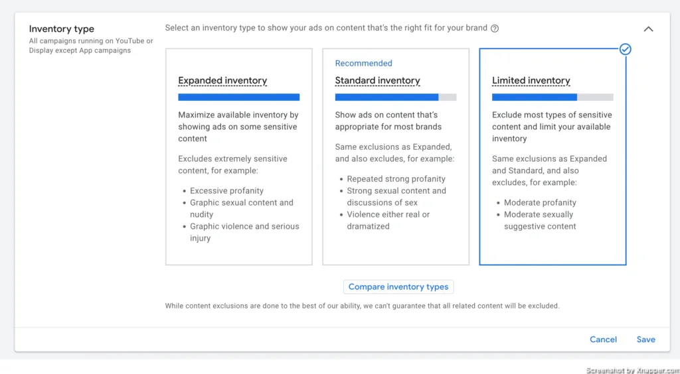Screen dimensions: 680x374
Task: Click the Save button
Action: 645,340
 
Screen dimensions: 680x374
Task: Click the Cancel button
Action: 603,340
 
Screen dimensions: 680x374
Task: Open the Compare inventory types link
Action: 398,286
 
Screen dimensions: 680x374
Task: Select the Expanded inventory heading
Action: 222,80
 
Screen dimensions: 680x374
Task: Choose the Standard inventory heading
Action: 377,80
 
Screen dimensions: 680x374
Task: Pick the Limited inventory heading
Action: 531,80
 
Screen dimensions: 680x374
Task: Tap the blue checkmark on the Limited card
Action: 625,49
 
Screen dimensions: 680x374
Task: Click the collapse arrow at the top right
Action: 648,29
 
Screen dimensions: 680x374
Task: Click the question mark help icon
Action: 494,29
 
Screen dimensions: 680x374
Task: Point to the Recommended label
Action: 363,63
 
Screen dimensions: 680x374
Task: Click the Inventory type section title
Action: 62,29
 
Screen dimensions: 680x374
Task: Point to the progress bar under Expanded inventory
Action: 238,97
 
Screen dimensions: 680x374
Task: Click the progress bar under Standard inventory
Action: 396,97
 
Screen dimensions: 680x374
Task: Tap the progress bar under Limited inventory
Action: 552,97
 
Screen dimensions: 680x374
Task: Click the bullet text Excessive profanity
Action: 227,191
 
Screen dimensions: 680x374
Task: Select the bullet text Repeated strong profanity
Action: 396,179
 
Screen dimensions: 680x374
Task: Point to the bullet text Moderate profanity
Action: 540,203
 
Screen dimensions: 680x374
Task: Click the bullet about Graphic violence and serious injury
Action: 244,232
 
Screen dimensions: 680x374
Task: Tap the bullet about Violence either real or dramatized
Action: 388,220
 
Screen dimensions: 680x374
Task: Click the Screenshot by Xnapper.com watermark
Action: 633,370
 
